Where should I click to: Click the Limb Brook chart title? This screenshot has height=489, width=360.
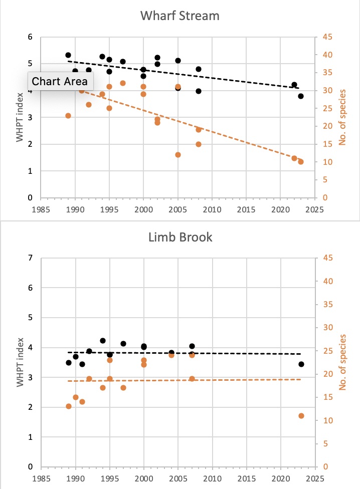pyautogui.click(x=180, y=237)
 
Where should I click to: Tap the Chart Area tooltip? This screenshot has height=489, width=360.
pyautogui.click(x=60, y=81)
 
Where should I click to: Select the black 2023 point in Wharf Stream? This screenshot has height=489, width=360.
pyautogui.click(x=301, y=96)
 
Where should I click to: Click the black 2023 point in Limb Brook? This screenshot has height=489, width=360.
pyautogui.click(x=301, y=364)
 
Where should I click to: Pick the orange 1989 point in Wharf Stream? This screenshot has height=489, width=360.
pyautogui.click(x=68, y=116)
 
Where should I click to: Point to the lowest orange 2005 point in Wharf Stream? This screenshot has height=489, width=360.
pyautogui.click(x=177, y=155)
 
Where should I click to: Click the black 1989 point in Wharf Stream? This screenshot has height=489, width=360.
pyautogui.click(x=68, y=55)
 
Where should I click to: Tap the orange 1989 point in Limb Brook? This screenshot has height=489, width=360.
pyautogui.click(x=69, y=406)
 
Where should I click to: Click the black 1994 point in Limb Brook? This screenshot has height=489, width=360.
pyautogui.click(x=103, y=341)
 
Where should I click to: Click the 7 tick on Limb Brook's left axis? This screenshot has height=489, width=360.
pyautogui.click(x=30, y=258)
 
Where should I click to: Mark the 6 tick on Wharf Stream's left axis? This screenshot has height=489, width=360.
pyautogui.click(x=30, y=37)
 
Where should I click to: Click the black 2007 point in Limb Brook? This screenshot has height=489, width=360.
pyautogui.click(x=192, y=346)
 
